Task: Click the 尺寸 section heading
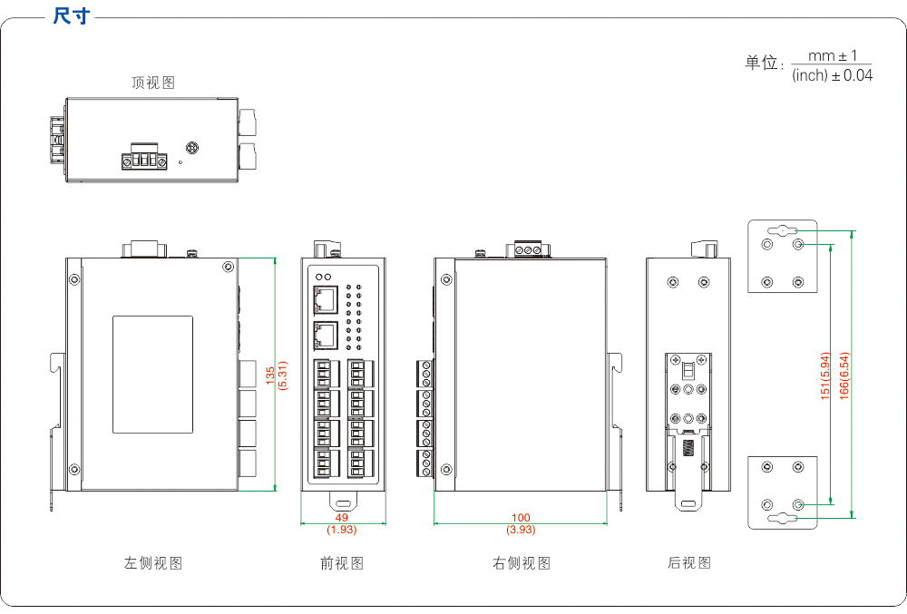coord(72,16)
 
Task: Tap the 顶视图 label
coord(153,83)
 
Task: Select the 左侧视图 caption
coord(153,563)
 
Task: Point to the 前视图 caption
coord(342,563)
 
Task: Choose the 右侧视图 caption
coord(522,563)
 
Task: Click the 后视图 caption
coord(689,563)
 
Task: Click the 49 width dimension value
coord(342,517)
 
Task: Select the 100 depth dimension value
coord(521,518)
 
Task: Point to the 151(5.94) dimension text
coord(825,375)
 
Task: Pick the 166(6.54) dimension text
coord(844,375)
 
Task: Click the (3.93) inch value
coord(521,530)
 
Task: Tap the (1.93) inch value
coord(342,529)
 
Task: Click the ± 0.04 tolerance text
coord(853,76)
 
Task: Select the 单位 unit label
coord(762,63)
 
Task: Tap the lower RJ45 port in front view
coord(325,336)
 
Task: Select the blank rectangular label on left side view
coord(152,374)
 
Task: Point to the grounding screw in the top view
coord(192,148)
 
